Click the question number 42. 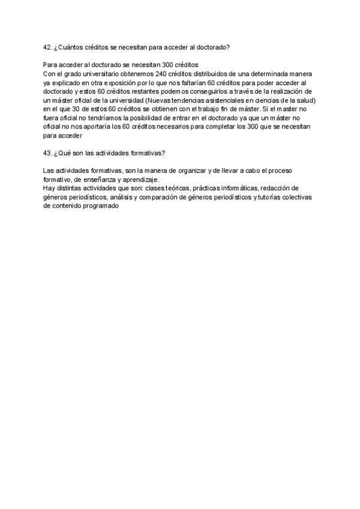tap(48, 46)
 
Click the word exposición tap(132, 83)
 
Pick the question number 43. tap(48, 152)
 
